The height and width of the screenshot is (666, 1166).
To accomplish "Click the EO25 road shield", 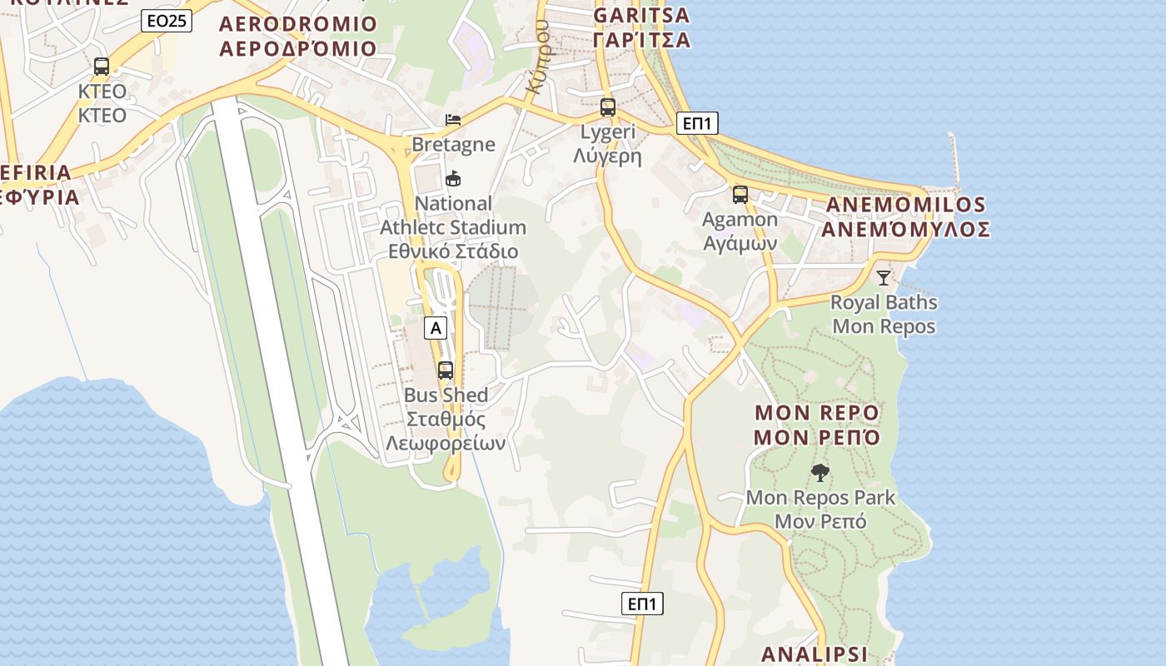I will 167,21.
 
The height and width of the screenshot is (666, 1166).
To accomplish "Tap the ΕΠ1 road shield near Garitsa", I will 697,123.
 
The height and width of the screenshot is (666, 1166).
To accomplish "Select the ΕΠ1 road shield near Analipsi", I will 642,604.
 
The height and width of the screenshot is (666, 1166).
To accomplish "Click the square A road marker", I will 436,328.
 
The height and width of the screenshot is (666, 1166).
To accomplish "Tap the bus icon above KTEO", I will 102,67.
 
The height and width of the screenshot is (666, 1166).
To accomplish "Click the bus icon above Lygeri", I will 608,107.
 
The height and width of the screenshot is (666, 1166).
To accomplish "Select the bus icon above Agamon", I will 740,195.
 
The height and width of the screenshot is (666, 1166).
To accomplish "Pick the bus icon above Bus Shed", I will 446,370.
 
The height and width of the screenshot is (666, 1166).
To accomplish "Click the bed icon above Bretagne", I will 453,120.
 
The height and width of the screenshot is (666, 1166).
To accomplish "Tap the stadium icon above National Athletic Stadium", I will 453,178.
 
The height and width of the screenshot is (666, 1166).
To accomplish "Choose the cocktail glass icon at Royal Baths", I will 884,278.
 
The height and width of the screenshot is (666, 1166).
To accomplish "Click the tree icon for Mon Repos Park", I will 820,473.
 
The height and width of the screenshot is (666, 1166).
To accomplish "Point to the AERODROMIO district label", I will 298,36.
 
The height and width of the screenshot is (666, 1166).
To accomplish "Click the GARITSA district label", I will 641,27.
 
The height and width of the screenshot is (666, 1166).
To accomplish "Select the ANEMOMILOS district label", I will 905,216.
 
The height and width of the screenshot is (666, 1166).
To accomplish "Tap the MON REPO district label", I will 817,425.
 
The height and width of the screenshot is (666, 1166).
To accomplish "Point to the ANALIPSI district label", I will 815,654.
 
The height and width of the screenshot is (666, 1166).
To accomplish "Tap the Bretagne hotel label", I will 453,144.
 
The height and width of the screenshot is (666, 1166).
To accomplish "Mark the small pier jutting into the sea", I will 954,158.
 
